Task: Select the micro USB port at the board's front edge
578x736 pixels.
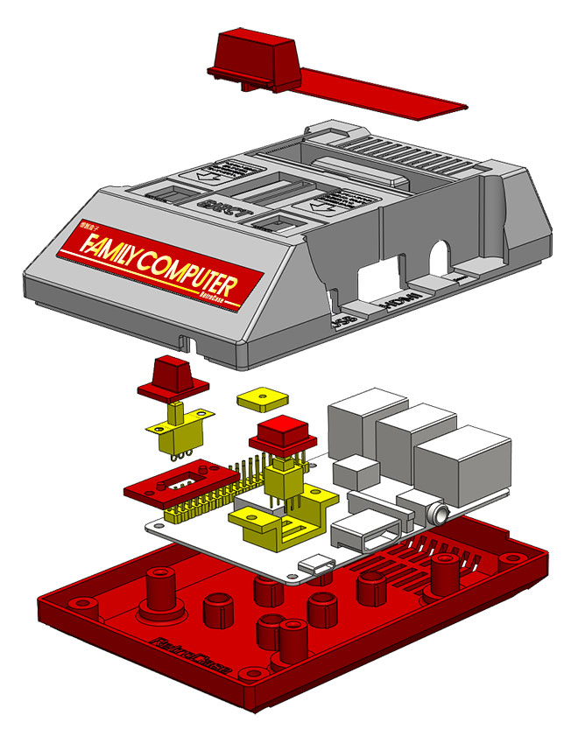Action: pos(320,565)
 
